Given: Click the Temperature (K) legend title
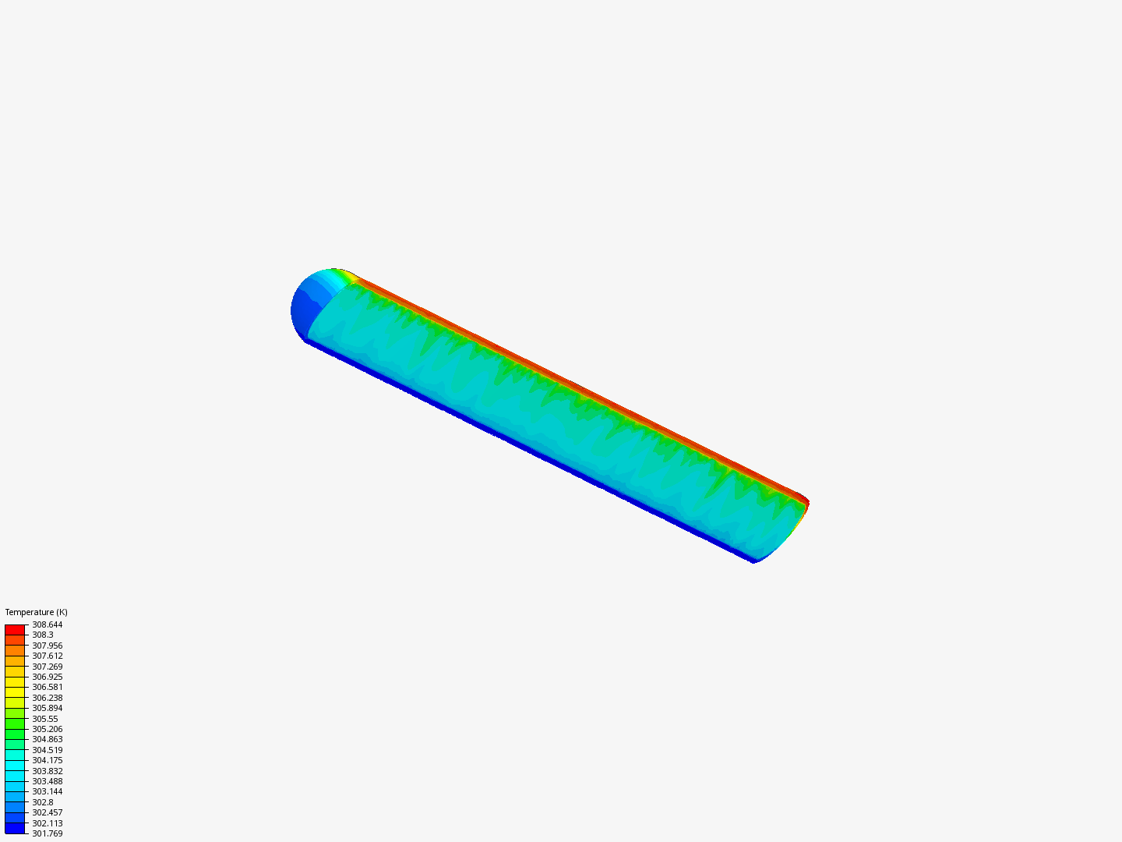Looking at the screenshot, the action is click(x=37, y=612).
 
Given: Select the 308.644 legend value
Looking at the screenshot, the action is click(x=47, y=624).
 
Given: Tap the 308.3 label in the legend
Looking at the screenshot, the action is click(x=42, y=635).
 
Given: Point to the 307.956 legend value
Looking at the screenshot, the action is click(x=47, y=646).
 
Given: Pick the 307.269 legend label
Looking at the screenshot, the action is click(x=47, y=667).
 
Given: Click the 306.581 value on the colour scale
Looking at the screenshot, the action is click(x=47, y=687).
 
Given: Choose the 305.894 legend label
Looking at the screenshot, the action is click(x=47, y=708).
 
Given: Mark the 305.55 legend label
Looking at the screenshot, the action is click(x=45, y=719).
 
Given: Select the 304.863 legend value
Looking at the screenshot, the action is click(x=47, y=739).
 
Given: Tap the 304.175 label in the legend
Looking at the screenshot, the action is click(x=47, y=760).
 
